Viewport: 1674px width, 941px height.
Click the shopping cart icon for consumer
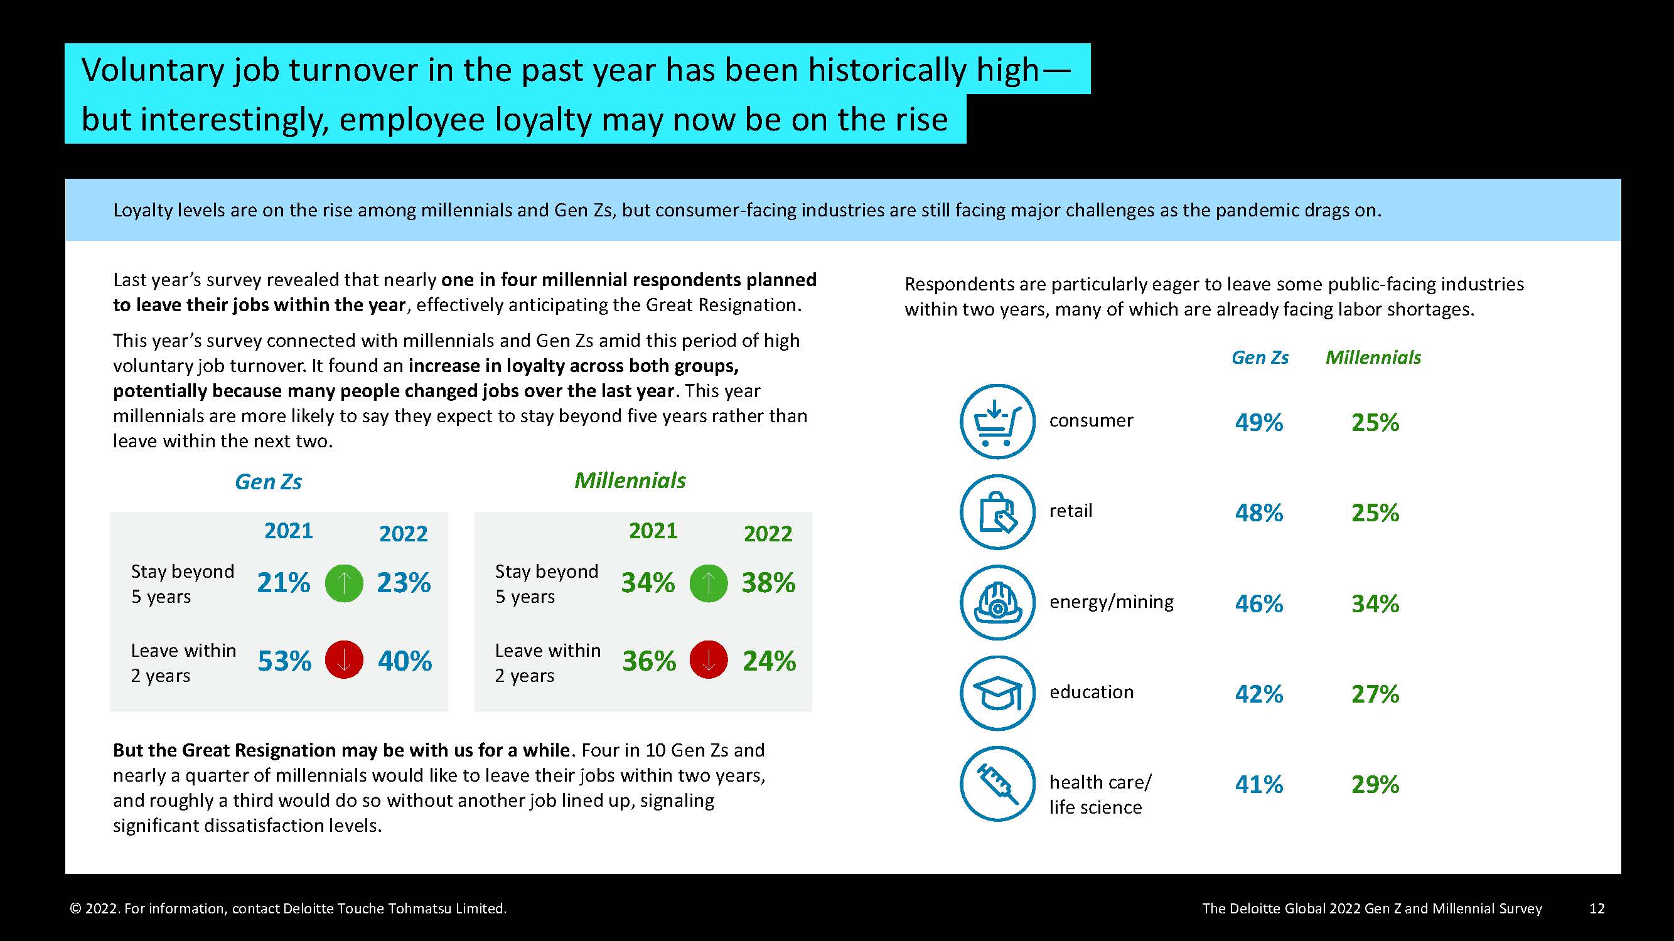(997, 422)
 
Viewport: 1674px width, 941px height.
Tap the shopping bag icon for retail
(997, 512)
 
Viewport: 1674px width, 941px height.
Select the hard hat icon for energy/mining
(997, 602)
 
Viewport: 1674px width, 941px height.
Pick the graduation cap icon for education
(997, 693)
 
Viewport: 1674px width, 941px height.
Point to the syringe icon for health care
(997, 783)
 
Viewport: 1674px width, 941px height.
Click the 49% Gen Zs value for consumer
(1258, 423)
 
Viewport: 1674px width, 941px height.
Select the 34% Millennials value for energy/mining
(1375, 604)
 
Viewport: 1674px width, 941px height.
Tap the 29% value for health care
(1375, 785)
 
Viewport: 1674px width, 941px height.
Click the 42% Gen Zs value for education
(1258, 694)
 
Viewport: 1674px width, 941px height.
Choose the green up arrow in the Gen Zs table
(344, 583)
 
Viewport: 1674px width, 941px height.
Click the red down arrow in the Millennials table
(709, 661)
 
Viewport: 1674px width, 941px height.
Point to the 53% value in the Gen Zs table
(284, 661)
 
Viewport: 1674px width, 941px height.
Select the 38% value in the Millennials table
(768, 583)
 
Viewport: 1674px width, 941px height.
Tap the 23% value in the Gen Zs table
(404, 583)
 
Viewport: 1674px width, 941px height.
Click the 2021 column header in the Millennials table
(653, 531)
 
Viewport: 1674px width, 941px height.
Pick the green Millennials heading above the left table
(630, 481)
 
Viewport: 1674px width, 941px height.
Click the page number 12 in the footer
(1597, 908)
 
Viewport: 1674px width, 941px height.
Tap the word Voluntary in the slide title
(153, 70)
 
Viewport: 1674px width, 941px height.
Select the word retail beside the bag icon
(1070, 511)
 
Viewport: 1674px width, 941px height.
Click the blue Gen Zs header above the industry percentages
(1259, 357)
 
